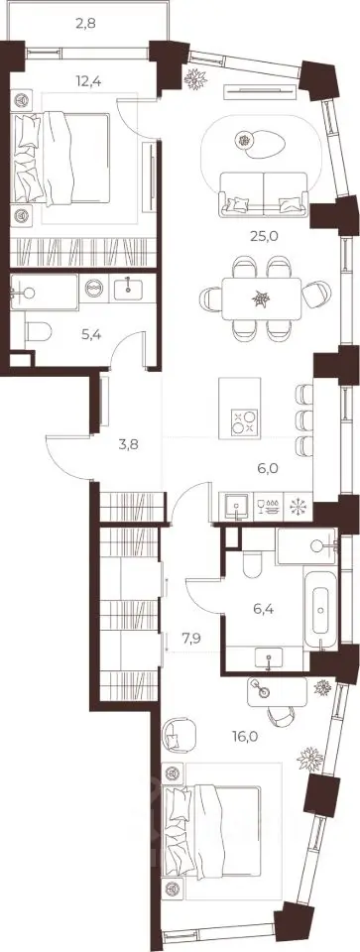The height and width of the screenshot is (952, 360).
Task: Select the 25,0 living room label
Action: click(x=264, y=236)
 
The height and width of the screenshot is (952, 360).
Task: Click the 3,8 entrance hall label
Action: click(x=128, y=444)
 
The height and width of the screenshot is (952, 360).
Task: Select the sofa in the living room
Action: click(x=264, y=193)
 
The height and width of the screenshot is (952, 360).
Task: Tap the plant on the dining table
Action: click(x=261, y=298)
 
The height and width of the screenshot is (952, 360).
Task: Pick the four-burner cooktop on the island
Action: click(x=245, y=422)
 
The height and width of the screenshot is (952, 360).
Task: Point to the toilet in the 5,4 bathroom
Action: click(x=39, y=332)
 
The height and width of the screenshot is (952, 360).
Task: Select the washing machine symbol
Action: click(x=94, y=288)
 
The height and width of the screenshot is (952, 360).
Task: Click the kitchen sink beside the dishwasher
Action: click(x=236, y=507)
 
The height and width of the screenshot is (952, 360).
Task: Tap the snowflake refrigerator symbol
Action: click(x=298, y=506)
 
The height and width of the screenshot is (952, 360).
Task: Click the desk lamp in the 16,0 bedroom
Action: click(x=264, y=691)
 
